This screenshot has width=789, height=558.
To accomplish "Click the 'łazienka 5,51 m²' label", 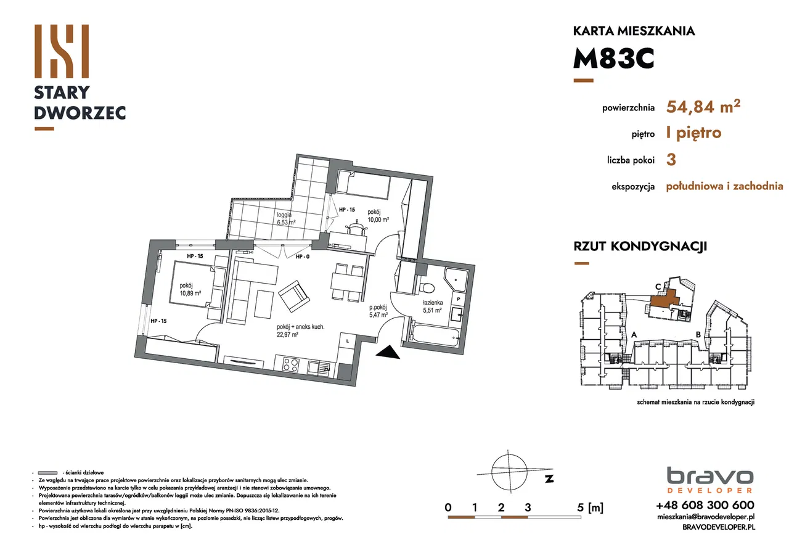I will (x=432, y=307).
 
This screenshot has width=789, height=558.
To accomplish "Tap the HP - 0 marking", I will (x=302, y=256).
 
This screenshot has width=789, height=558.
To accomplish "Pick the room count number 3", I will (x=671, y=159).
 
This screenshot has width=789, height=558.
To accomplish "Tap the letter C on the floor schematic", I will (x=658, y=286).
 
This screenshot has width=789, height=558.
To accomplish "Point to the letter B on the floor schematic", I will (x=697, y=335).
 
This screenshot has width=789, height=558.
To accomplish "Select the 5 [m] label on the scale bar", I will (x=586, y=508).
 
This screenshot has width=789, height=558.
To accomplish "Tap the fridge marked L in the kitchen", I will (x=347, y=341).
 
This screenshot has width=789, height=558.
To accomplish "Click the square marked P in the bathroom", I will (x=459, y=298).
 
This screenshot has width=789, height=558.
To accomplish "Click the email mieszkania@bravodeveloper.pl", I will (x=705, y=517).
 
